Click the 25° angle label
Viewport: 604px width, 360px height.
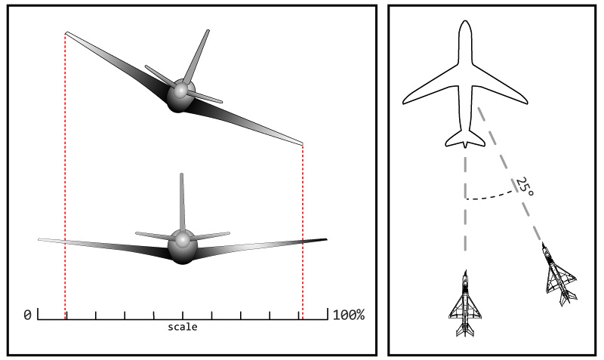tap(525, 186)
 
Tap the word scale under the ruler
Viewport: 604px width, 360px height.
tap(183, 327)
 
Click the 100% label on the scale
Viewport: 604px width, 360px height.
tap(349, 315)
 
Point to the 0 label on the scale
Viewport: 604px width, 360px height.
tap(27, 315)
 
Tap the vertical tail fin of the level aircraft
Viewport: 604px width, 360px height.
tap(182, 202)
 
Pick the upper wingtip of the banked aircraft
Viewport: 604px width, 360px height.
tap(67, 33)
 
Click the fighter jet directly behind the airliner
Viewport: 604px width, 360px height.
tap(465, 304)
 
